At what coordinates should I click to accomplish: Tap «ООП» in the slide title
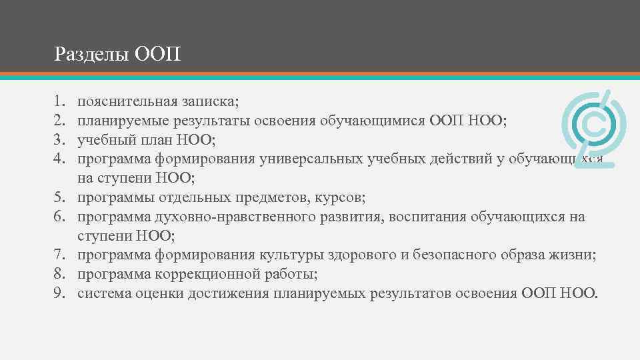(157, 53)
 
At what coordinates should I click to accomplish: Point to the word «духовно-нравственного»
(227, 217)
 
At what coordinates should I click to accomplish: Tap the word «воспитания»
(413, 217)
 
